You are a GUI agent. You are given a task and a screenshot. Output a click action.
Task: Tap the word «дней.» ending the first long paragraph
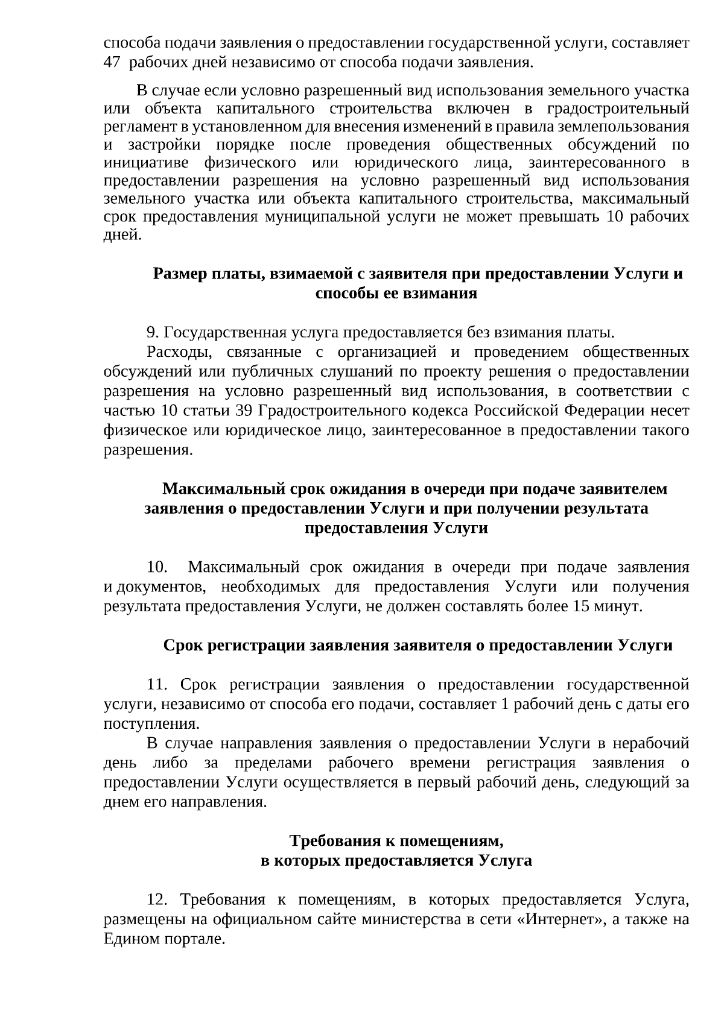coord(123,235)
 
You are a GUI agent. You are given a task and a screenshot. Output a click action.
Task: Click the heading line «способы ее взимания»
coord(396,294)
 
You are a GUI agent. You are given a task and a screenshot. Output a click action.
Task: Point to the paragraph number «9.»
coord(153,333)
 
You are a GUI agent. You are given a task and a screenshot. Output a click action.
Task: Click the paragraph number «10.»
coord(158,567)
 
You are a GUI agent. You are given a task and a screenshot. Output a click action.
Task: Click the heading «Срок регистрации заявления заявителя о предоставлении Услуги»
coord(418,646)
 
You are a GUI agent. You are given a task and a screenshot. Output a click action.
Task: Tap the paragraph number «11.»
coord(158,685)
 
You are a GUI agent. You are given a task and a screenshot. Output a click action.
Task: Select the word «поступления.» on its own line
coord(151,723)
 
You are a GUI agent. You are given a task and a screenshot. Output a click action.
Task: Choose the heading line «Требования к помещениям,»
coord(396,841)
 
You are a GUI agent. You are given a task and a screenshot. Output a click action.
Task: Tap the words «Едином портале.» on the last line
coord(164,939)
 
